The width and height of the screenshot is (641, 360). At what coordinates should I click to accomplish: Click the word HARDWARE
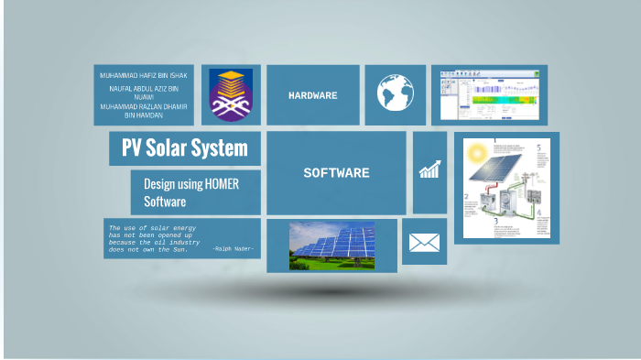pos(313,95)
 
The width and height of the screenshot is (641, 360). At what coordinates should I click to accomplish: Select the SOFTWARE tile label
pos(336,172)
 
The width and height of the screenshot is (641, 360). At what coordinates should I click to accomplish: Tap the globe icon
pos(395,93)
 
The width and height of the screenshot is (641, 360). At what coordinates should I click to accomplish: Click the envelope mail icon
pos(424,242)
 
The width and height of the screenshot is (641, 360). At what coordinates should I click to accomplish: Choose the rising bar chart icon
pos(429,169)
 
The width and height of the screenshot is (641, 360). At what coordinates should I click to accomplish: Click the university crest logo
pos(229,95)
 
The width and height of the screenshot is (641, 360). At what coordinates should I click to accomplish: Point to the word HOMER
pos(218,184)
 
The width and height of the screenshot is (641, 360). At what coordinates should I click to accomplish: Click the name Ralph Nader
pos(234,249)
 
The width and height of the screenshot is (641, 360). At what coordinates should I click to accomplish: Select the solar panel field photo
pos(331,245)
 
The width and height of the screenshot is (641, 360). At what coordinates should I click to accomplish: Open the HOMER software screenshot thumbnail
pos(488,94)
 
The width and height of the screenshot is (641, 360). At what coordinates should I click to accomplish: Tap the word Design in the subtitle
pos(159,184)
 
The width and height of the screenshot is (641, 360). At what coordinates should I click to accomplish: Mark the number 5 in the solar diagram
pos(538,147)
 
